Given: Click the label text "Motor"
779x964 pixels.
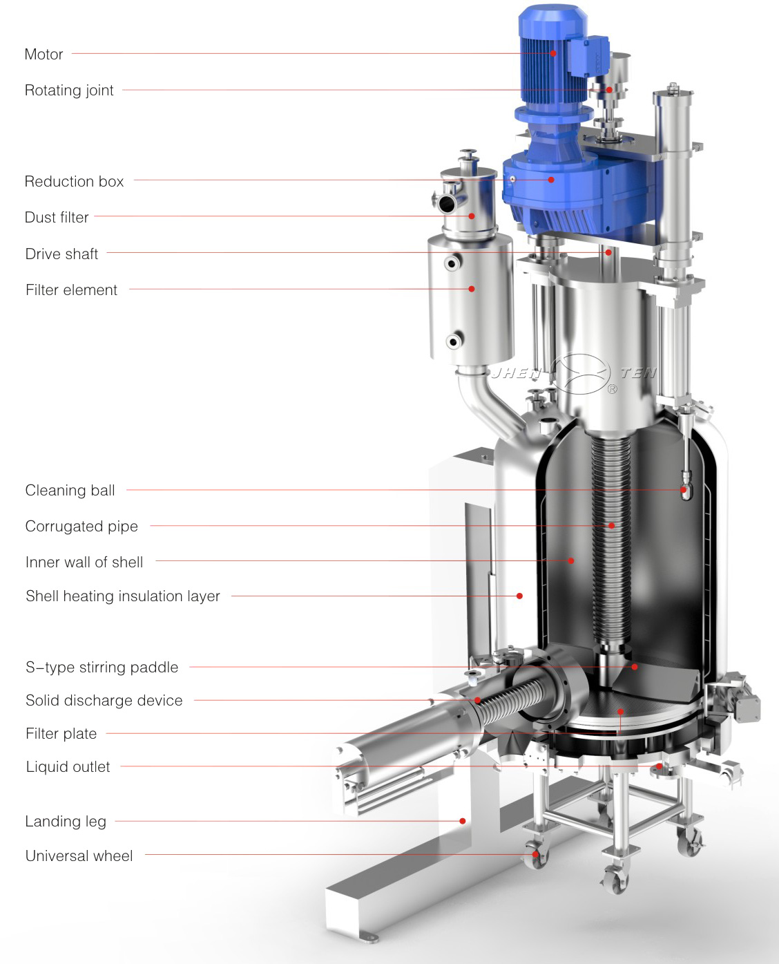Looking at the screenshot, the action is coord(44,55).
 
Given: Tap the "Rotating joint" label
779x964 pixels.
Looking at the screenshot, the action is coord(69,90).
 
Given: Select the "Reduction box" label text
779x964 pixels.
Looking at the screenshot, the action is coord(74,181).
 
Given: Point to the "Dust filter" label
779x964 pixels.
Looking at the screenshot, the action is coord(57,217).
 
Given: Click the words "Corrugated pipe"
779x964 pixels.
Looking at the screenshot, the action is coord(81,527).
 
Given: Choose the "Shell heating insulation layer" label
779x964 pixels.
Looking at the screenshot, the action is coord(123,596).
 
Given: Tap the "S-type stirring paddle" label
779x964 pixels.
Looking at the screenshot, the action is coord(102,667).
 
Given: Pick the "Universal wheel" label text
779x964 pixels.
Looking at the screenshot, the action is coord(79,856).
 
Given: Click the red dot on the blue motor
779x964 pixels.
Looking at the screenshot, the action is coord(553,53).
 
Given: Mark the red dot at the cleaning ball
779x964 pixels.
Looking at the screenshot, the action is coord(683,490).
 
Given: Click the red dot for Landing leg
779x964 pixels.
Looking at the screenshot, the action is coord(462,821).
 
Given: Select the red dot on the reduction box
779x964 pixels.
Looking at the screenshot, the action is coord(551,180).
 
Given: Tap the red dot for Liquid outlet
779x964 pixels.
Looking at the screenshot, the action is coord(659,766).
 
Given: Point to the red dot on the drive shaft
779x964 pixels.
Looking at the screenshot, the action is coord(608,252).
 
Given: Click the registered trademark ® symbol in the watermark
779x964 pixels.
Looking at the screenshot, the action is coord(612,389).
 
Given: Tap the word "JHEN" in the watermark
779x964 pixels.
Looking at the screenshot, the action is coord(517,373).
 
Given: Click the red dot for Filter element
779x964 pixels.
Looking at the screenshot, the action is coord(472,289).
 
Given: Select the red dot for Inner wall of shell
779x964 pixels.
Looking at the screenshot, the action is coord(571,560).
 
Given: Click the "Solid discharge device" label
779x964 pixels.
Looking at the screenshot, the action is coord(104,700).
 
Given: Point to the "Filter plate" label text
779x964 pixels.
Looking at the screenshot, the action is coord(61,734).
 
